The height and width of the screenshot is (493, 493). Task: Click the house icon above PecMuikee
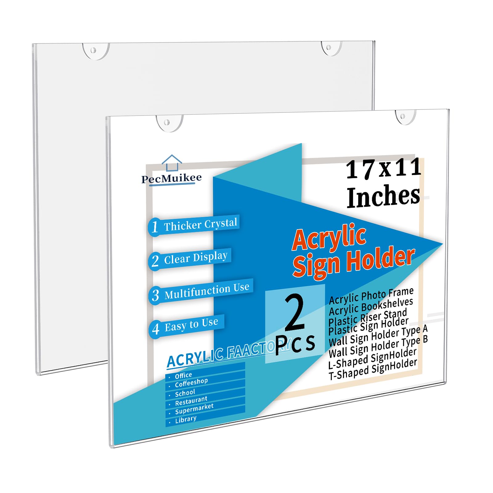pyautogui.click(x=172, y=162)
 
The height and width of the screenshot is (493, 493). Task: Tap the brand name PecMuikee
pyautogui.click(x=171, y=178)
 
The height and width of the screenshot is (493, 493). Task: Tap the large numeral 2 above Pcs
pyautogui.click(x=295, y=312)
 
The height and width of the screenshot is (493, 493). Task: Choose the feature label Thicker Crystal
pyautogui.click(x=200, y=224)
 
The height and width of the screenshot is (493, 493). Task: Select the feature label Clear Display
pyautogui.click(x=196, y=258)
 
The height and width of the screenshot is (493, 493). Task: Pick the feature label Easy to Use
pyautogui.click(x=191, y=325)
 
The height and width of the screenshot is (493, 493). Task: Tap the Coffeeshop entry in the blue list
pyautogui.click(x=191, y=382)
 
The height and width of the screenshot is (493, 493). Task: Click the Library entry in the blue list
pyautogui.click(x=186, y=419)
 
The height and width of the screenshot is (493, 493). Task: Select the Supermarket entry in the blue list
pyautogui.click(x=194, y=409)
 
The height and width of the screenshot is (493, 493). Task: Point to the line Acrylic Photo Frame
pyautogui.click(x=371, y=295)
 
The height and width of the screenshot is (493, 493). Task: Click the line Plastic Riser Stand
pyautogui.click(x=368, y=317)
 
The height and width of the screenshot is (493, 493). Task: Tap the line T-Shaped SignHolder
pyautogui.click(x=373, y=369)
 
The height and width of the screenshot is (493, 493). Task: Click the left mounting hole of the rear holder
pyautogui.click(x=93, y=50)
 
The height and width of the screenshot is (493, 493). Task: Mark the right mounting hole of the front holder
pyautogui.click(x=403, y=116)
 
